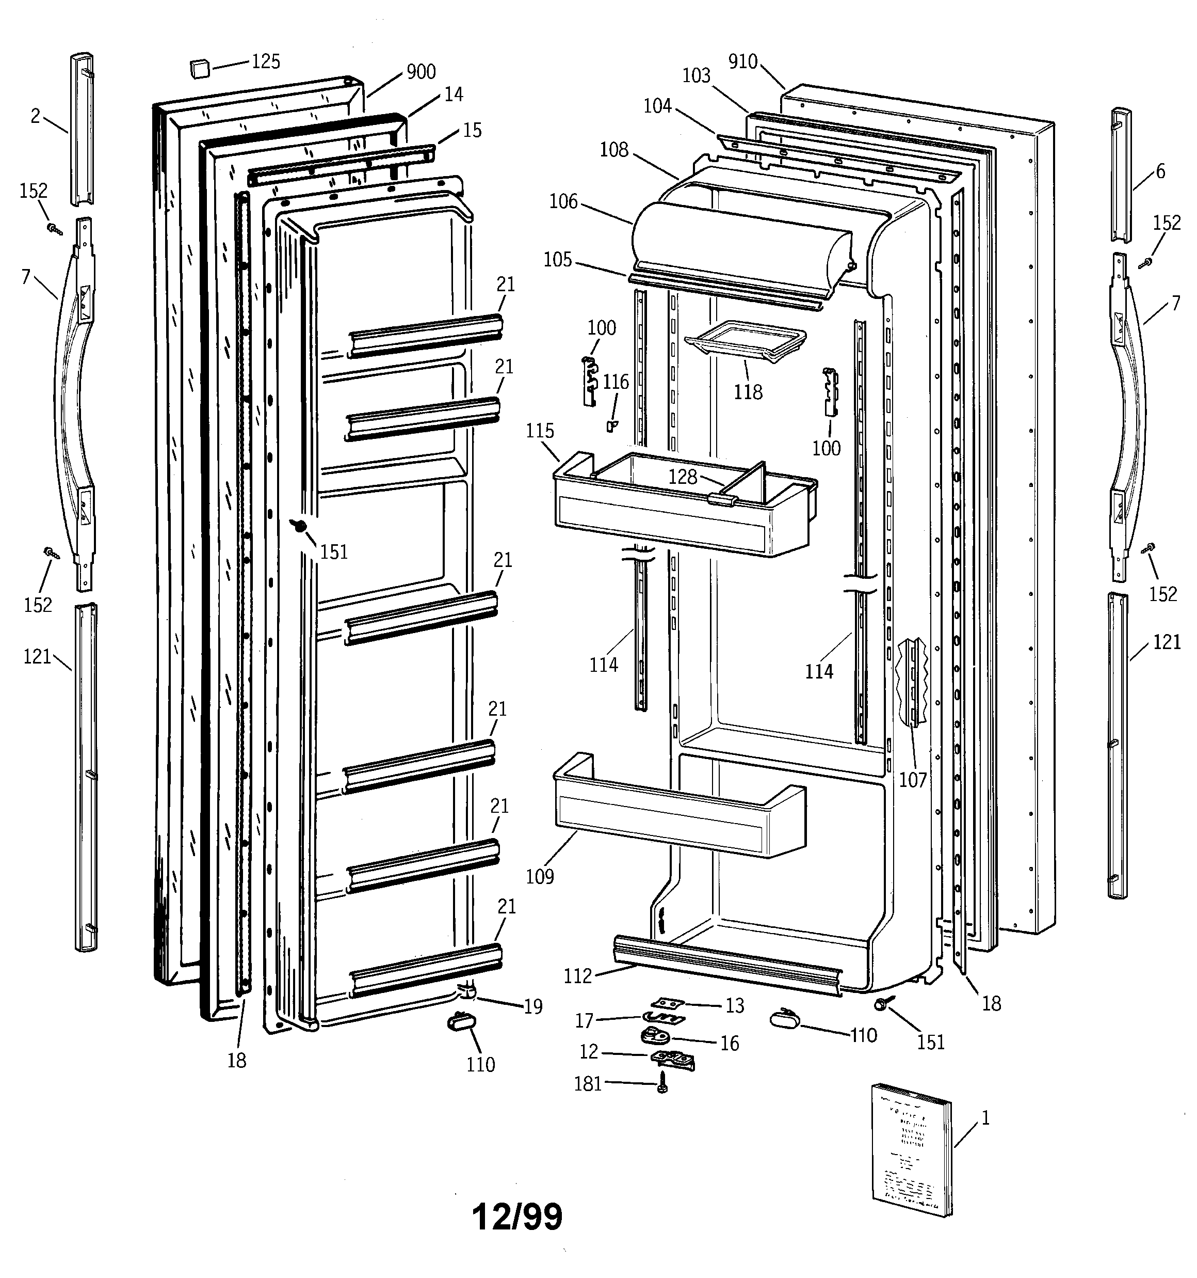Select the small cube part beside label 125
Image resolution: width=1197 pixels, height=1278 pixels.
click(x=200, y=68)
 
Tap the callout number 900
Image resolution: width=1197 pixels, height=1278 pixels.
click(x=421, y=72)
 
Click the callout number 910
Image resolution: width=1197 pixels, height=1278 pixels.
click(x=743, y=62)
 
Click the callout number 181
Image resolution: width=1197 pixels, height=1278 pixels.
click(x=588, y=1084)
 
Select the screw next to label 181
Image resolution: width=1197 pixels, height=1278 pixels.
click(x=662, y=1086)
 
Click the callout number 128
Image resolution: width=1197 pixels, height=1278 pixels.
click(x=683, y=477)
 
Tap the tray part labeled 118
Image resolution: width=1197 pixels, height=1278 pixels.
click(x=746, y=339)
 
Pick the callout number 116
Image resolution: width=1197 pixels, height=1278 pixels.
click(x=616, y=382)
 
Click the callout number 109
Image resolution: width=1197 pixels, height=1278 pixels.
click(x=540, y=876)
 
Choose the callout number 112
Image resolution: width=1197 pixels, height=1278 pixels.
click(x=578, y=976)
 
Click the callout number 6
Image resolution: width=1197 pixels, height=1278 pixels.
click(x=1160, y=171)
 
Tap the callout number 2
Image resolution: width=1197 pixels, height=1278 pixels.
click(x=35, y=116)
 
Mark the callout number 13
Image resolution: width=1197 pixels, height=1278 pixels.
click(x=734, y=1005)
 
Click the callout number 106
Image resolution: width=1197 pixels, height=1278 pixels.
click(x=563, y=202)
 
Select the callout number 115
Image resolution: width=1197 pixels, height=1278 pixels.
click(x=540, y=431)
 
